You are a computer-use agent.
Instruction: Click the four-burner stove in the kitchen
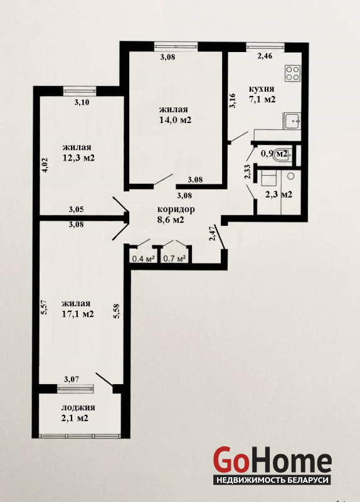(293, 73)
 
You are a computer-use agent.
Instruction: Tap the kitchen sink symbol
(292, 121)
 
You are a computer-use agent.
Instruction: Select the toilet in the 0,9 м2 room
(283, 155)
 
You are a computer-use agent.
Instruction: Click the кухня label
(262, 88)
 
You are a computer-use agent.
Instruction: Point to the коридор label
(176, 210)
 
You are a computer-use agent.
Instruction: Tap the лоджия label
(78, 407)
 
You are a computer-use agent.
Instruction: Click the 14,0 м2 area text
(176, 120)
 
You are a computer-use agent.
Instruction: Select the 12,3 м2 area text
(79, 158)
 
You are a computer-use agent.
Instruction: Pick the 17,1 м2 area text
(78, 314)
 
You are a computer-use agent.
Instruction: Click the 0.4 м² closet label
(144, 258)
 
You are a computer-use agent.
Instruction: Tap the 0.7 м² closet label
(175, 258)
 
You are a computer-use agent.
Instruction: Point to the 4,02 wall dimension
(45, 165)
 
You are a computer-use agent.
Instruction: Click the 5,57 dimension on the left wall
(45, 307)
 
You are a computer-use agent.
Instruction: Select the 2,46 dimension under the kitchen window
(265, 56)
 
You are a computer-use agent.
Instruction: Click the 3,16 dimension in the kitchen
(233, 100)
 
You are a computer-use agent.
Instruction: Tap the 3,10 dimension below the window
(82, 102)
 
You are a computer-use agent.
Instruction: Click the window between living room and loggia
(75, 388)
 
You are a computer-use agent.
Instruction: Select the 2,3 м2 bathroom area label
(278, 195)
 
